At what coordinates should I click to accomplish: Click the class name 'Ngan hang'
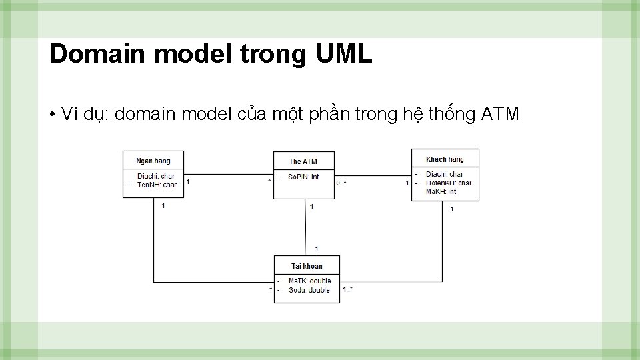[x=153, y=161]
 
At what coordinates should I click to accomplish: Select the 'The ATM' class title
[x=303, y=161]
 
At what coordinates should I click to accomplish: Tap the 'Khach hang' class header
[x=445, y=159]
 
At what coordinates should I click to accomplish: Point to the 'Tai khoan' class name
[x=307, y=266]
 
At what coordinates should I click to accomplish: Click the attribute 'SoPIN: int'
[x=303, y=177]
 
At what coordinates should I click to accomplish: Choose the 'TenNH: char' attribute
[x=157, y=185]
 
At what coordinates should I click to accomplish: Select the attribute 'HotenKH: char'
[x=449, y=183]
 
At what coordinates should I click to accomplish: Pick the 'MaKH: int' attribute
[x=441, y=191]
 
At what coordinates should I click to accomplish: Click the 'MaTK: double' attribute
[x=309, y=281]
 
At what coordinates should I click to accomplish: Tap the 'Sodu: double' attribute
[x=309, y=290]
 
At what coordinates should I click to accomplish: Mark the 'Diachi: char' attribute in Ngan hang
[x=156, y=177]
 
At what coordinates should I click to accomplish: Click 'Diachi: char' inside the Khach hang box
[x=445, y=174]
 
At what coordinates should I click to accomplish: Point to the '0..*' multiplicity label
[x=341, y=183]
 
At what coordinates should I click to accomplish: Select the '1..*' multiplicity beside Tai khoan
[x=347, y=289]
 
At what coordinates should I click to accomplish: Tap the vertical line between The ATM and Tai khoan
[x=306, y=227]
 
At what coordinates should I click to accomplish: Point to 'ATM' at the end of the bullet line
[x=499, y=115]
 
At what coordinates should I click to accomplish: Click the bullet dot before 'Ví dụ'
[x=52, y=115]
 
